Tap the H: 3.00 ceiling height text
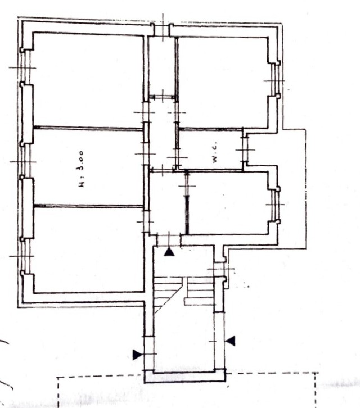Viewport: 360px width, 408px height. [81, 169]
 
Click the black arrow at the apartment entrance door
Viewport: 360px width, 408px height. [169, 252]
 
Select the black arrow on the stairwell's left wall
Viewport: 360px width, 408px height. [137, 355]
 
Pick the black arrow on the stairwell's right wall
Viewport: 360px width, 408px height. [230, 341]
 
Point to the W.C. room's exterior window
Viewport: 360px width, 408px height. [245, 150]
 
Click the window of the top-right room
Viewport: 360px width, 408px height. [275, 81]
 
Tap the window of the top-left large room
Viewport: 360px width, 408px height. [25, 67]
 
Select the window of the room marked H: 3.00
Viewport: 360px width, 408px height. [25, 162]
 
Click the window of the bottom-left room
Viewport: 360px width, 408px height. [25, 256]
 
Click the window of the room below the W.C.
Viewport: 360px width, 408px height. [275, 205]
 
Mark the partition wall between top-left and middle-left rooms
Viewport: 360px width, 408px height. [88, 128]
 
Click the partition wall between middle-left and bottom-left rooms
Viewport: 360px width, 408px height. [88, 206]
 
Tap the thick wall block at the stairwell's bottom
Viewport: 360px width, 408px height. [184, 377]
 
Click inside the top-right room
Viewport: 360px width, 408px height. [223, 83]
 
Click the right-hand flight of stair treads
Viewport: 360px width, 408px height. [199, 291]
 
